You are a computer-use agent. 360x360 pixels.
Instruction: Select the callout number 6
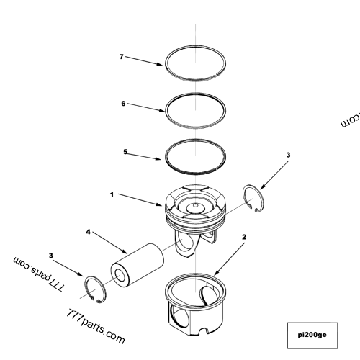(123, 104)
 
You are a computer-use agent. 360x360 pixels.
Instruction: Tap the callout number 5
(125, 152)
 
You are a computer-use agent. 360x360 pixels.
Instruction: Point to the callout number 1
(112, 194)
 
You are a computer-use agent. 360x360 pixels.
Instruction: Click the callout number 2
(244, 236)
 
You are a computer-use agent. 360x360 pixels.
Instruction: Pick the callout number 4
(88, 233)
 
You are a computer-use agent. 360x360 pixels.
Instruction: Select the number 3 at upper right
(288, 155)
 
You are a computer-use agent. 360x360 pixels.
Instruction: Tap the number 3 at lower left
(50, 255)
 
